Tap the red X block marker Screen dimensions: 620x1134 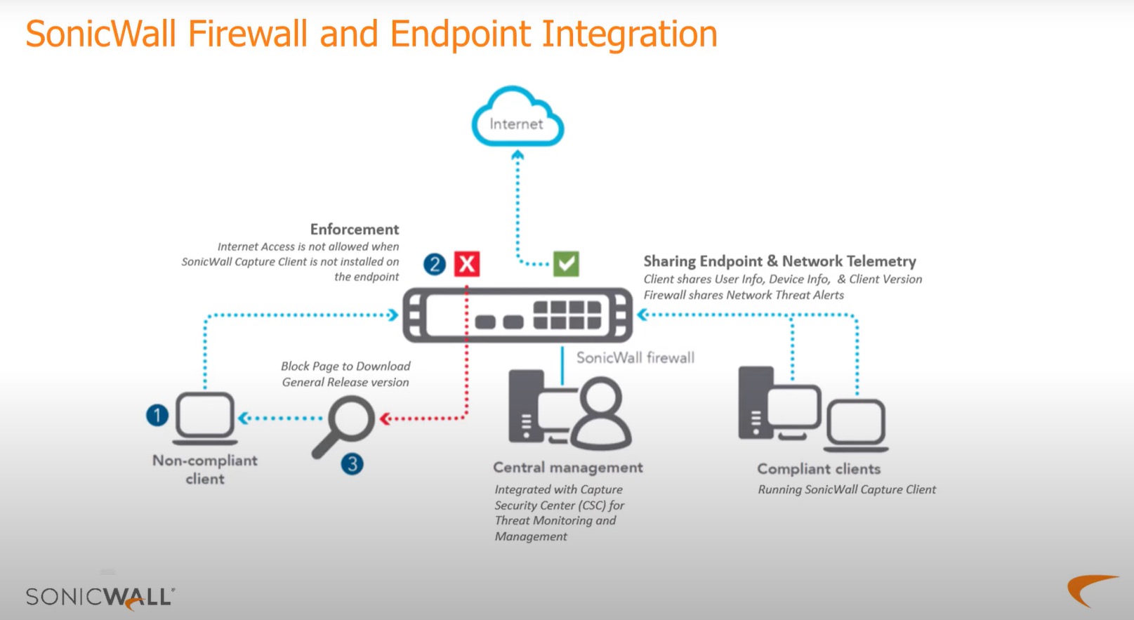tap(467, 264)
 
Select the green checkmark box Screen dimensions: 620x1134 tap(566, 264)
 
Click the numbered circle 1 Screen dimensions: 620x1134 tap(157, 415)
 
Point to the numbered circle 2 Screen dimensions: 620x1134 tap(435, 264)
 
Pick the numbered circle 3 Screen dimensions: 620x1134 tap(352, 463)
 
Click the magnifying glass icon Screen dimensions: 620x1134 tap(344, 425)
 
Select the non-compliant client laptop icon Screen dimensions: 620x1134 tap(205, 418)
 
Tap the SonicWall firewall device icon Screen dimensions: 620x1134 tap(517, 315)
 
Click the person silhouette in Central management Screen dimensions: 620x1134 tap(600, 414)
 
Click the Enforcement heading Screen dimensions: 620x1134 tap(355, 230)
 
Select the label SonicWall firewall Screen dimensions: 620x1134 tap(635, 357)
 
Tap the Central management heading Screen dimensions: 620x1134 tap(567, 468)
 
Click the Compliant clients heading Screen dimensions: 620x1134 tap(818, 469)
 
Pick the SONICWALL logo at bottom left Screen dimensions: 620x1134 tap(100, 597)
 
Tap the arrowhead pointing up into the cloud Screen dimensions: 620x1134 tap(517, 155)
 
